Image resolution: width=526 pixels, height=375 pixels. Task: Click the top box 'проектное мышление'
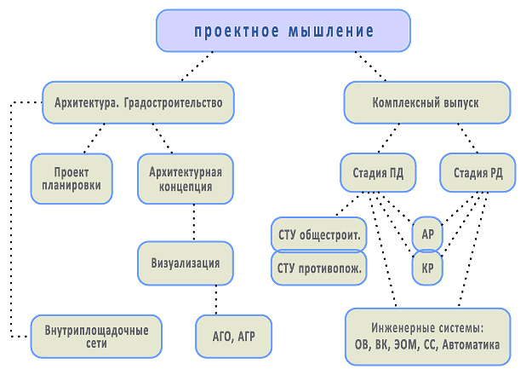coord(283,32)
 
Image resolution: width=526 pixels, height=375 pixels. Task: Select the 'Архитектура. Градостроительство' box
coord(138,102)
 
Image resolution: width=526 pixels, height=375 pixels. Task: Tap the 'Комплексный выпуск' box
coord(426,102)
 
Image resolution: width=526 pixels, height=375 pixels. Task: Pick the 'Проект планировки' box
coord(71,178)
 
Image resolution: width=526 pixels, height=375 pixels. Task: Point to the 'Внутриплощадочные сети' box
coord(96,337)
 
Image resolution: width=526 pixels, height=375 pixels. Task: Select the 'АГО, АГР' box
coord(234,337)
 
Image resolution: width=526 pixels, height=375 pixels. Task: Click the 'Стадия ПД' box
coord(378,173)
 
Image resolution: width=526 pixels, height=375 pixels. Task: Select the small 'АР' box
coord(427,234)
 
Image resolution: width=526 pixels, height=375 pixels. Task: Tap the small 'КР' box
coord(427,268)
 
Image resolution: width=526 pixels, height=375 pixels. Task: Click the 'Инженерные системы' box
coord(427,337)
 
